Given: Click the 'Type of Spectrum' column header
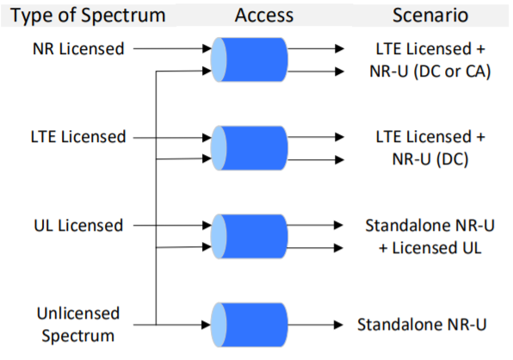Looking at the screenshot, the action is click(88, 15).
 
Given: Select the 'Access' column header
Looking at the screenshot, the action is click(264, 15).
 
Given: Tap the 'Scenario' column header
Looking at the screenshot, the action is click(430, 15).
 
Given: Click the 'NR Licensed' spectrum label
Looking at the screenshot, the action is click(78, 49).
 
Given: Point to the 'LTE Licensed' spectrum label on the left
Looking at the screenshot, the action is click(78, 137).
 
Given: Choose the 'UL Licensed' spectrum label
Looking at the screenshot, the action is click(78, 226).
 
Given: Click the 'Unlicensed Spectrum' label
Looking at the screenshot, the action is click(78, 325).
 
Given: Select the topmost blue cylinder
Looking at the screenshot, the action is click(250, 59).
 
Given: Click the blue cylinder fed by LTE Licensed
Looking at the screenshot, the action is click(250, 148).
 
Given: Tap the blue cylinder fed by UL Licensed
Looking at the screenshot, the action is click(250, 237).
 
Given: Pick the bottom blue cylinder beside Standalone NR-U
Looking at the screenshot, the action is click(250, 325).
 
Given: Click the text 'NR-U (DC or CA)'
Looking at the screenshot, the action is click(430, 71).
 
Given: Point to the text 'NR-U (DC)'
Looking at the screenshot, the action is click(430, 159).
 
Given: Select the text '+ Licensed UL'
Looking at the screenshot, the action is click(430, 248).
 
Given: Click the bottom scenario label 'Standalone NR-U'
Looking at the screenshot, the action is click(422, 325).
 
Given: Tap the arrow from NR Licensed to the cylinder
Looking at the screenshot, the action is click(172, 49).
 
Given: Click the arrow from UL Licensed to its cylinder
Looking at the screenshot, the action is click(172, 225).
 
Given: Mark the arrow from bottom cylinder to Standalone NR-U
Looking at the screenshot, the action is click(315, 325).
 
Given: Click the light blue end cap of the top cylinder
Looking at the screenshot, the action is click(219, 59).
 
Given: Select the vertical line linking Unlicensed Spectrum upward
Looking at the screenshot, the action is click(156, 198).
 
